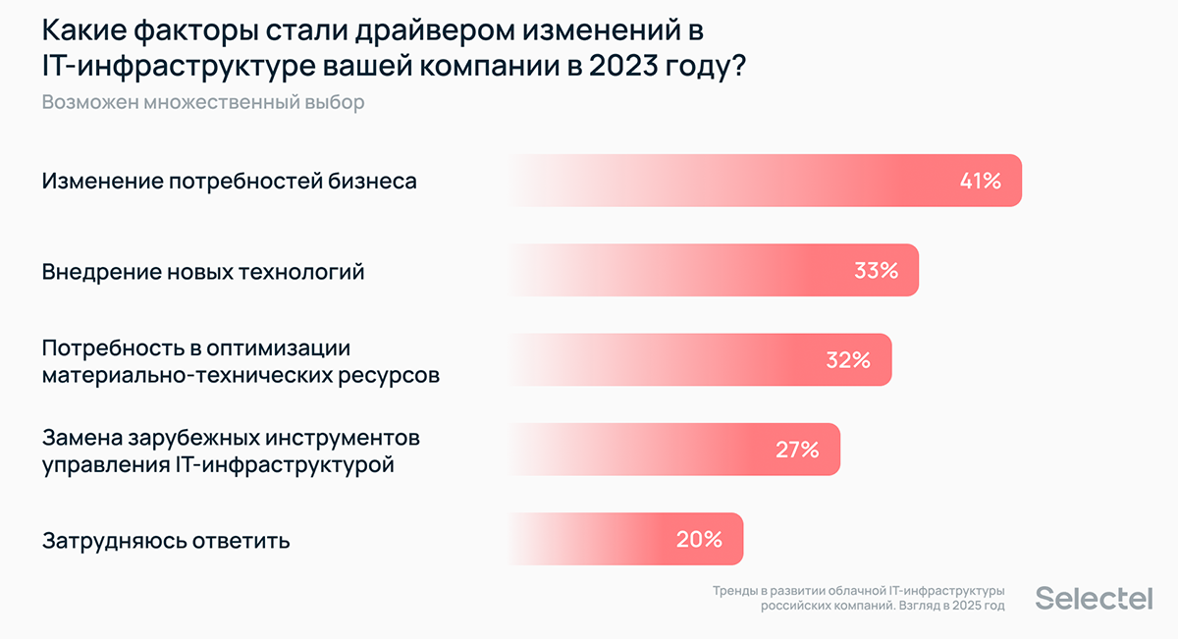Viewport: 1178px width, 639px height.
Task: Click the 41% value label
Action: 980,181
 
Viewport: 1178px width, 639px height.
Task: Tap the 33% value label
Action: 876,271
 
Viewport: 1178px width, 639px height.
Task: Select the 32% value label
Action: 848,360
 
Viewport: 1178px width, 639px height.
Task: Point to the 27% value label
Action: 796,450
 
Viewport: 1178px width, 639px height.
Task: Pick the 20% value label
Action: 699,539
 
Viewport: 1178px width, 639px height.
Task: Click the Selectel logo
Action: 1095,598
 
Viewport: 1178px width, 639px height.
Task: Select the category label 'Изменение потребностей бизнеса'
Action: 230,182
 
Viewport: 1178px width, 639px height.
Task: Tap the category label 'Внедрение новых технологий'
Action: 203,272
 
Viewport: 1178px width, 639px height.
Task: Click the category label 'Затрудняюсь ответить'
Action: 166,540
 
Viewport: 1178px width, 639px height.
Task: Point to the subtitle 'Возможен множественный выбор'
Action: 203,102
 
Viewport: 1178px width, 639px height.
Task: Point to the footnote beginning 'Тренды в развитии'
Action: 859,599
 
